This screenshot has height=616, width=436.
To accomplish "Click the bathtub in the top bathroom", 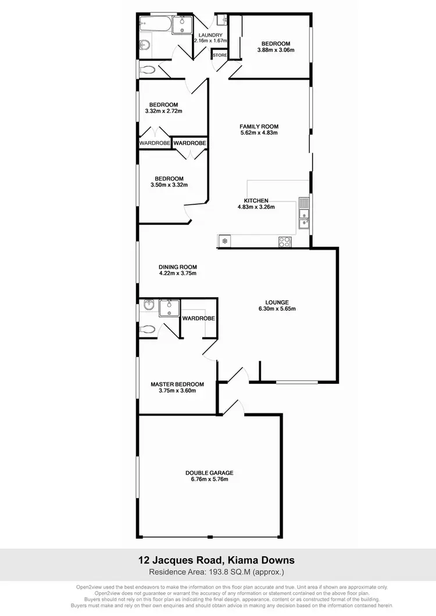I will [x=154, y=25].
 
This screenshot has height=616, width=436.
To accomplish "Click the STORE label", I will [x=220, y=55].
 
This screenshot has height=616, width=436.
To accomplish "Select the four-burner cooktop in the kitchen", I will [x=285, y=242].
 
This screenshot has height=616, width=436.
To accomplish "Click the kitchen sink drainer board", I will [x=303, y=204].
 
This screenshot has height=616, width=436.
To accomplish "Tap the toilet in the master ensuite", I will [x=148, y=329].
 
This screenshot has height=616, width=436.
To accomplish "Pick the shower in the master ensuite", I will [x=170, y=307].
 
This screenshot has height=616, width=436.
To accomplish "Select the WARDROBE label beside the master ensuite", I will [x=199, y=319].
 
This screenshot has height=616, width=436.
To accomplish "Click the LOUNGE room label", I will [x=277, y=302].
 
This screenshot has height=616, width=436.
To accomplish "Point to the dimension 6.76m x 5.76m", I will [x=209, y=480].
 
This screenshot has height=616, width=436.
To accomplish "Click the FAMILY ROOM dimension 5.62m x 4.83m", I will [x=259, y=133].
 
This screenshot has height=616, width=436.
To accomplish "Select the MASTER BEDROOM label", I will [x=177, y=384].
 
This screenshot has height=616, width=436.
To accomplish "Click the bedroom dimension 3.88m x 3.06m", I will [x=276, y=50].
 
